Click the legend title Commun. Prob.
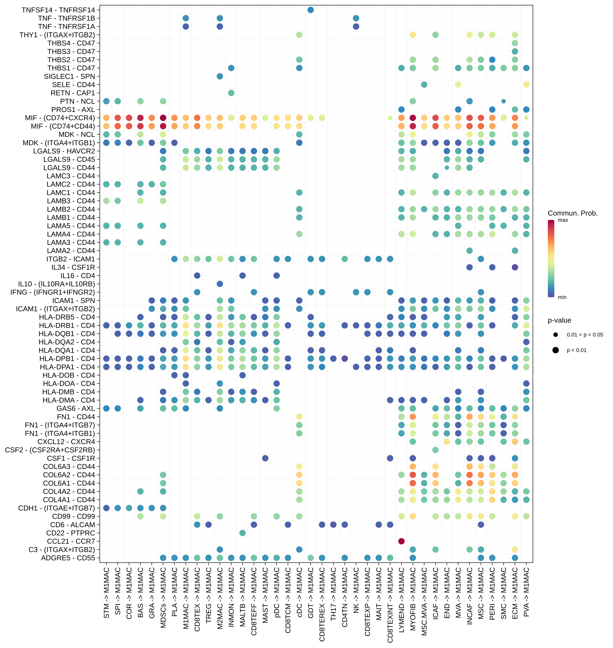tap(572, 213)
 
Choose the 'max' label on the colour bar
tap(563, 220)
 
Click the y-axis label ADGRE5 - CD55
tap(68, 558)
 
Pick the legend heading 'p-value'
tap(559, 320)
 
